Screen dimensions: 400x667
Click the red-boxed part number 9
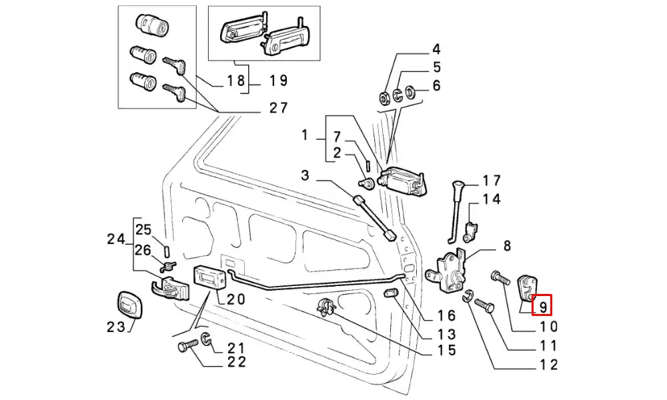tap(543, 306)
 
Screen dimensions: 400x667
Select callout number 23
tap(115, 327)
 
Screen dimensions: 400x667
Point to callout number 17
tap(492, 180)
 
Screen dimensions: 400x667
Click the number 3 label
tap(305, 176)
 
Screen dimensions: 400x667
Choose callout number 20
tap(235, 300)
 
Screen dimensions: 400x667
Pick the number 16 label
tap(446, 316)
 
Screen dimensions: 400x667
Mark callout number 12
tap(549, 365)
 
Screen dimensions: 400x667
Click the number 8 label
tap(507, 246)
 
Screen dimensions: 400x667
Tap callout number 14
tap(492, 199)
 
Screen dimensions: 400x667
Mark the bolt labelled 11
tap(484, 307)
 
